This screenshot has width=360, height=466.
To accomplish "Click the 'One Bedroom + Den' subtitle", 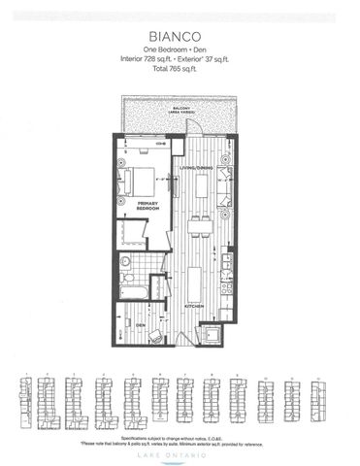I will [x=179, y=49].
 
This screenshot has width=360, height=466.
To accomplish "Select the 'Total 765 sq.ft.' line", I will [x=179, y=70].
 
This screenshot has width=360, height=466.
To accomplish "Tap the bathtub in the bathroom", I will [x=131, y=291].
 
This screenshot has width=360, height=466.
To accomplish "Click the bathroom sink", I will [x=142, y=262].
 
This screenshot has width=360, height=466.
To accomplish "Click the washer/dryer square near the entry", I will [x=208, y=335].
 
